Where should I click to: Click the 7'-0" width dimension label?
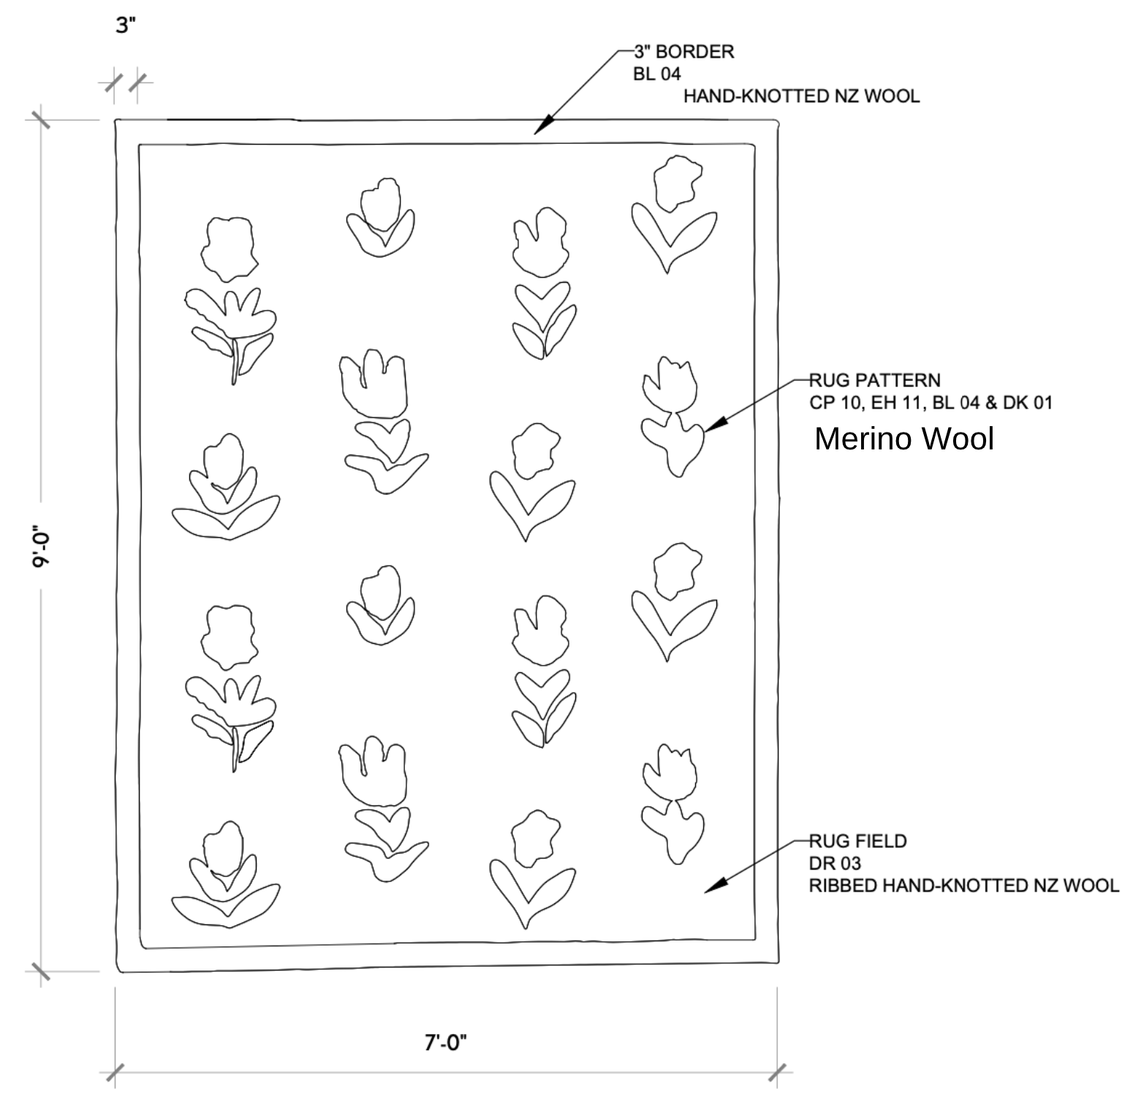(445, 1043)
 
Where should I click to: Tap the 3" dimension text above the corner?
(126, 26)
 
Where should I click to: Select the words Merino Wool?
(903, 438)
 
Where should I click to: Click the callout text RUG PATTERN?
(874, 380)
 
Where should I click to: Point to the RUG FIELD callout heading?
(857, 841)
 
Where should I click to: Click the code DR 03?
(835, 863)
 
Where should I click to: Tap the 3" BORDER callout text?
(683, 52)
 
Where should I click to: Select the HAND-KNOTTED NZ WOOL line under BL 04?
(801, 96)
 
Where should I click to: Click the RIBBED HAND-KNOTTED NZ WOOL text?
(963, 886)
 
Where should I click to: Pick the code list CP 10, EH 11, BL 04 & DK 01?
(931, 403)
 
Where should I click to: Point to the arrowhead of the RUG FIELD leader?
(712, 886)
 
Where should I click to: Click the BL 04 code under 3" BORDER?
(657, 74)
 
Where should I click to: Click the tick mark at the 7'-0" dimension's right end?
(779, 1072)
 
